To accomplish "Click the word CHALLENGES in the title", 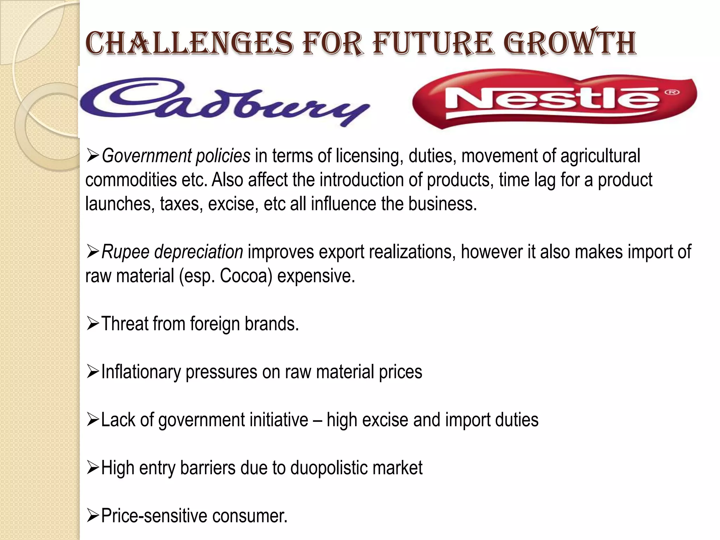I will [x=189, y=44].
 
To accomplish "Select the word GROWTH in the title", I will [x=572, y=44].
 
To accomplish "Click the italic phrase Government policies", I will [x=176, y=156].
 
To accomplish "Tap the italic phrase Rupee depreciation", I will [x=172, y=252].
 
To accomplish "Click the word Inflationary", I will [x=141, y=372].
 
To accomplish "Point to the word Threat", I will [x=124, y=324].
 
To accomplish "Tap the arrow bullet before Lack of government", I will [x=92, y=419].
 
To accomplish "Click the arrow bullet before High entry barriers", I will [x=92, y=468].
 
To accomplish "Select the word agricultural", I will [x=600, y=156].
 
